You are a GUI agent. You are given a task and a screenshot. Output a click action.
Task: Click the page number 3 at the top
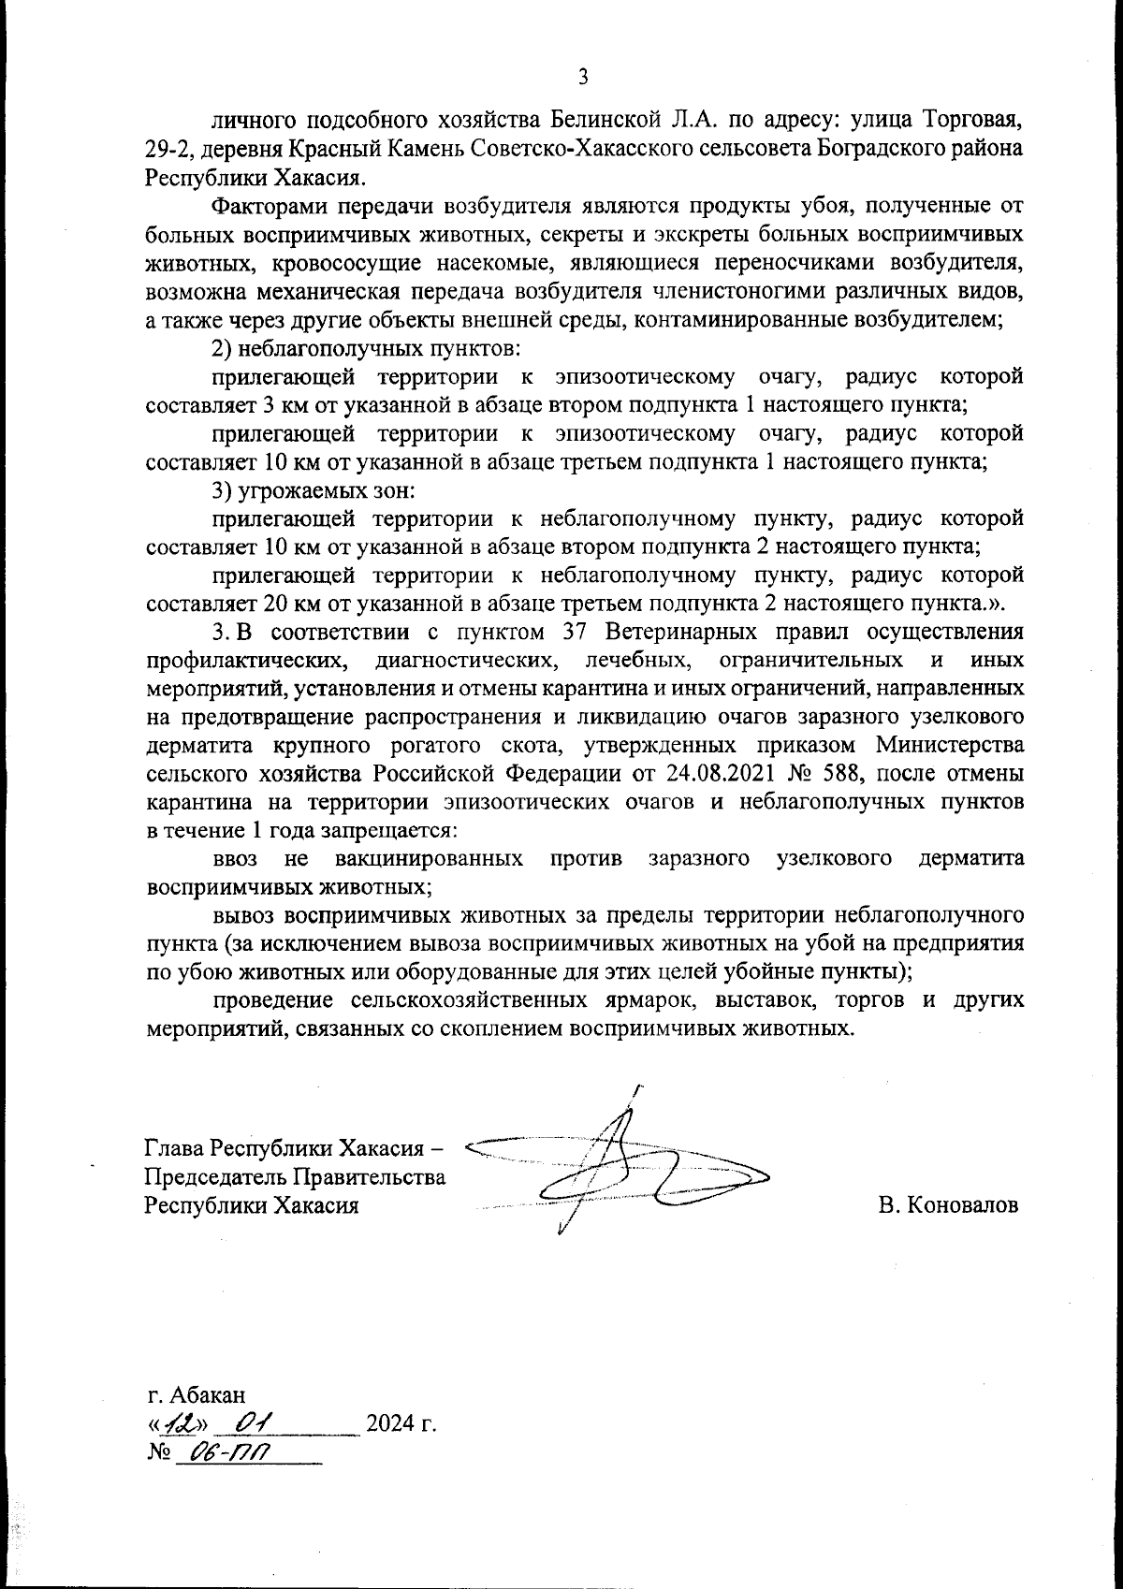(582, 77)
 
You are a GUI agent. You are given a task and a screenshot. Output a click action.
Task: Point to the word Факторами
(267, 206)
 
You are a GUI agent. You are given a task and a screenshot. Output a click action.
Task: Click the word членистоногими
(808, 291)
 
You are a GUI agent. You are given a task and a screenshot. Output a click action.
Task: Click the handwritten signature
(618, 1170)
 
